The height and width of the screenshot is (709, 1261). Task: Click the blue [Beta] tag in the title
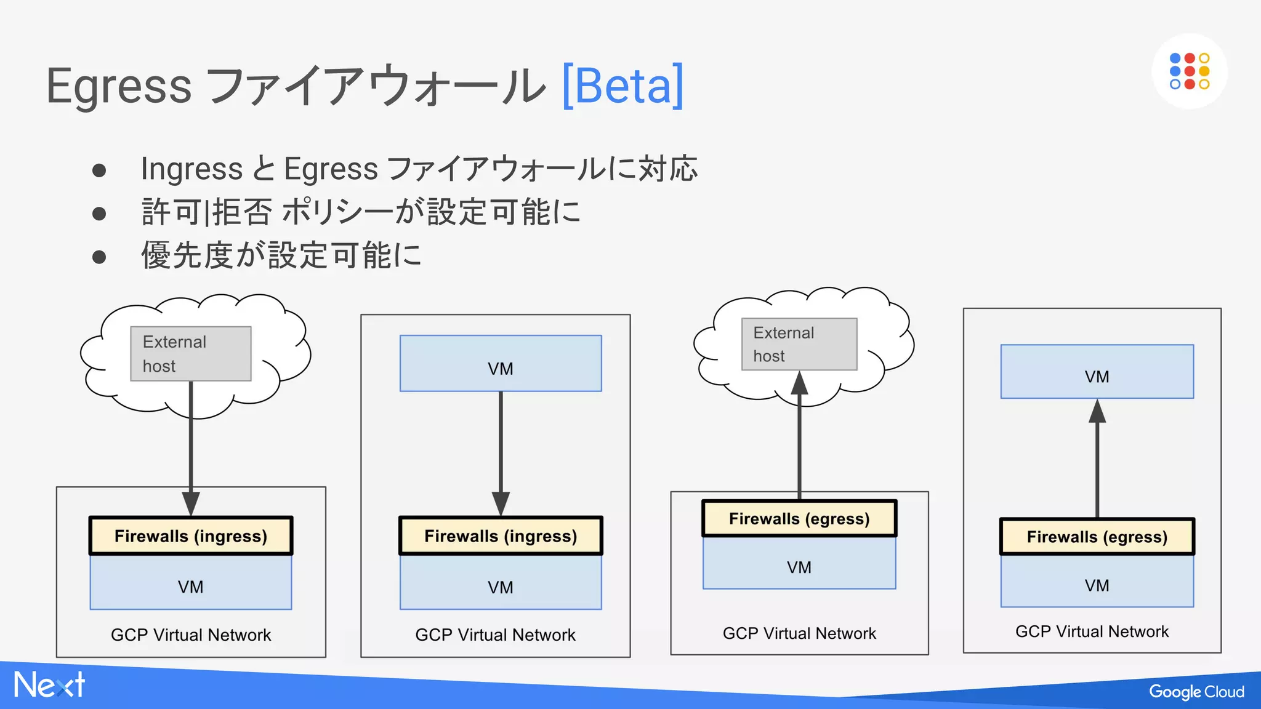(x=622, y=86)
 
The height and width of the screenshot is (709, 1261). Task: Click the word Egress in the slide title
(x=119, y=87)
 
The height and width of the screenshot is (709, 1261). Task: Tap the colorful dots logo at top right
(x=1189, y=71)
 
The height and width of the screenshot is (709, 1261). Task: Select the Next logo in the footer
(x=49, y=684)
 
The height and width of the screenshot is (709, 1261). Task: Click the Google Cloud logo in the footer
(x=1196, y=691)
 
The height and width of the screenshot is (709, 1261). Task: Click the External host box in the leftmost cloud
(x=190, y=353)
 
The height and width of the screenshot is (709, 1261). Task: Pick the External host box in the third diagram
(x=799, y=343)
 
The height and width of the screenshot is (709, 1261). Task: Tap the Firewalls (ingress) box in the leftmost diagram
(x=190, y=535)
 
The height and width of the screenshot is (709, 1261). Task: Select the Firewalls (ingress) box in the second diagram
(x=500, y=535)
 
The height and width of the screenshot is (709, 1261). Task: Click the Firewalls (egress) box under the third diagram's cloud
(x=799, y=518)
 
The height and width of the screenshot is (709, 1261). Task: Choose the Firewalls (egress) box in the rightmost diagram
(x=1097, y=536)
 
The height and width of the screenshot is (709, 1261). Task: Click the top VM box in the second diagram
(x=500, y=363)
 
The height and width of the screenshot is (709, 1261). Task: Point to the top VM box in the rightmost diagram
(x=1097, y=371)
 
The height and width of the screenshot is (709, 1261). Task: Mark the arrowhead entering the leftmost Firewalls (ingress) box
(x=190, y=503)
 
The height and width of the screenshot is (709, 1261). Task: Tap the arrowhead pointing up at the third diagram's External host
(x=799, y=383)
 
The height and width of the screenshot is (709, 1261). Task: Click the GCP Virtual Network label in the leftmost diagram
(x=190, y=635)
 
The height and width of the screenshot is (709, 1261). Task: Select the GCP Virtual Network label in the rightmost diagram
(x=1091, y=631)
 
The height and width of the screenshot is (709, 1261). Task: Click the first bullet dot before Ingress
(x=99, y=170)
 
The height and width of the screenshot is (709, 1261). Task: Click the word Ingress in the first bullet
(x=191, y=169)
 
